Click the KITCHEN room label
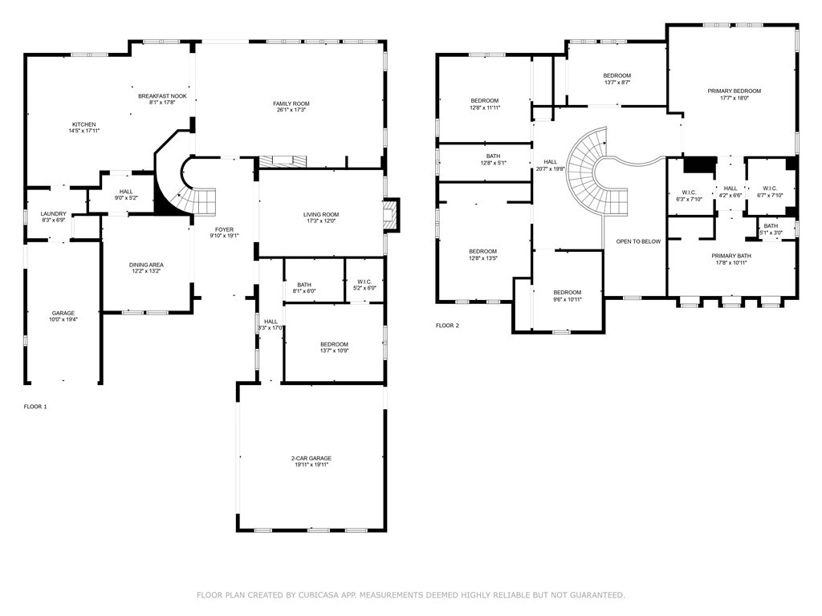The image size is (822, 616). point(83,124)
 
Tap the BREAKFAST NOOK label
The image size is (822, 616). point(168,96)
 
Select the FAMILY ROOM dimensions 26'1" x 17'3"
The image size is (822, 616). point(291,110)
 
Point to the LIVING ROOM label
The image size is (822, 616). point(320,214)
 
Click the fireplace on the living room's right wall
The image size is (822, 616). point(391,213)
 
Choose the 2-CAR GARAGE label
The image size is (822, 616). point(311,458)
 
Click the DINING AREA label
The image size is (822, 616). point(146,265)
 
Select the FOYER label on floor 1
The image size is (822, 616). point(224,229)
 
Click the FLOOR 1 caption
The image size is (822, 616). point(35,407)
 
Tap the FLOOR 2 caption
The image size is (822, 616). point(447,326)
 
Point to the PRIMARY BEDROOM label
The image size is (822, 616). point(734,91)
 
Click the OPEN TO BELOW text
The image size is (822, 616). point(638,241)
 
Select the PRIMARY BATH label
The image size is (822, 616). point(731,256)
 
